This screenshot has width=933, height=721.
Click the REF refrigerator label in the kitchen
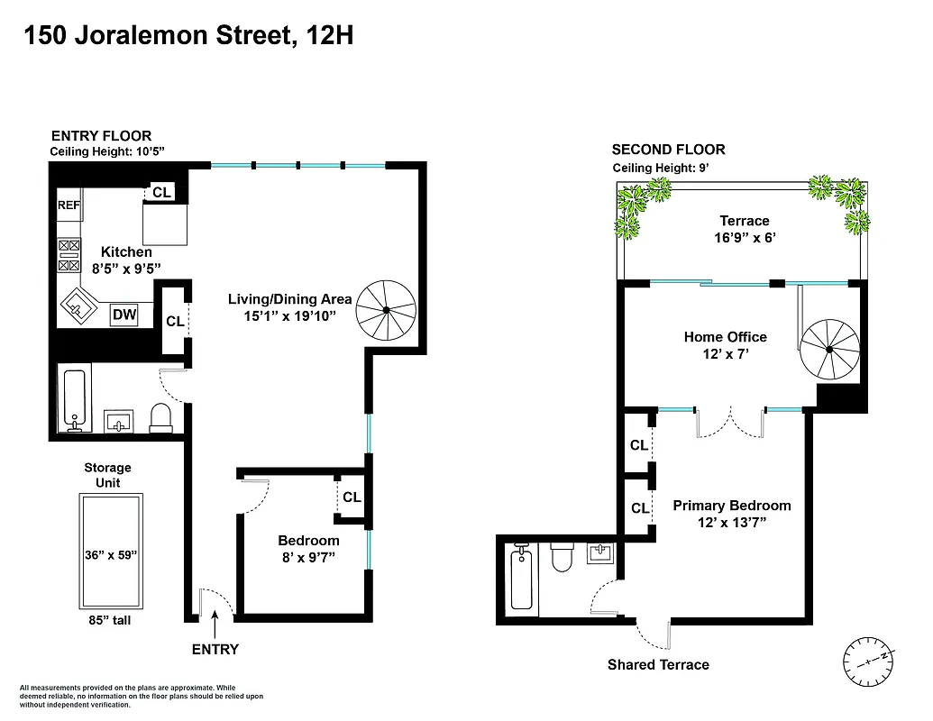pos(69,205)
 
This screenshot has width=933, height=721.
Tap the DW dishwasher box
pos(123,315)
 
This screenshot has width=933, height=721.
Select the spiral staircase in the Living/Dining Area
pos(385,309)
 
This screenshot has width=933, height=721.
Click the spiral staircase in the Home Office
pos(830,350)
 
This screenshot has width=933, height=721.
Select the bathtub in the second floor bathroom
pos(520,579)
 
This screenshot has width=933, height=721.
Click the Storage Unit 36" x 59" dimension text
pos(108,555)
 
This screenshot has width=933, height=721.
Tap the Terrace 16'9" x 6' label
pos(745,231)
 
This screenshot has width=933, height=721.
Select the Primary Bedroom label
pos(732,506)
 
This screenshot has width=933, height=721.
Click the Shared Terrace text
pos(658,665)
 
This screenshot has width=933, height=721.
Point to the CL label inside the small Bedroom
pos(352,497)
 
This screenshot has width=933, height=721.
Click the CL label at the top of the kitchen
pos(161,192)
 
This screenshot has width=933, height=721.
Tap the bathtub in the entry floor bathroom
pos(74,399)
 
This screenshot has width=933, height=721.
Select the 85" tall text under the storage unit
pos(108,619)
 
